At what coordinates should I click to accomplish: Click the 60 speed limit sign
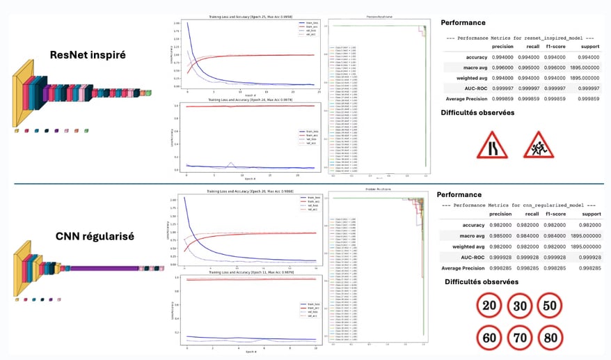coord(489,338)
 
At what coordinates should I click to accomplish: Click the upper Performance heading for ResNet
coord(463,23)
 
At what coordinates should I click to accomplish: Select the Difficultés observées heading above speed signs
coord(482,282)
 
